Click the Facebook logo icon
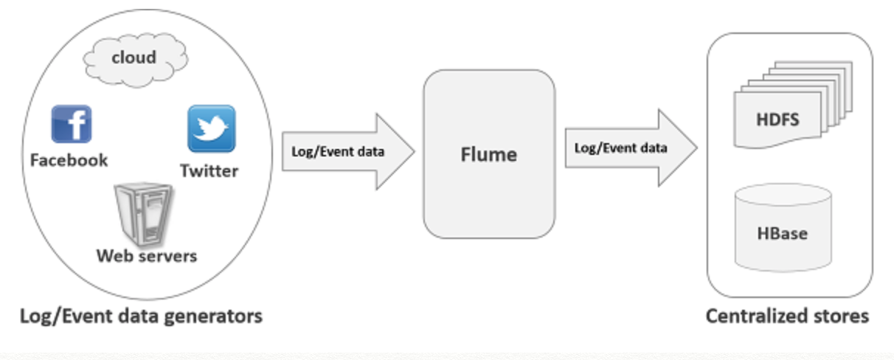[x=72, y=124]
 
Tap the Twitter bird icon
[x=212, y=128]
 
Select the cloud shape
[x=136, y=60]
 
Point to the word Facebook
[x=69, y=160]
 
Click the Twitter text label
[x=209, y=171]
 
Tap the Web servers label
[x=147, y=256]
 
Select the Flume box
[x=489, y=154]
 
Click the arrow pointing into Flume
[x=348, y=152]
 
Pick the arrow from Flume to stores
[x=631, y=148]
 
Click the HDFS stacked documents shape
[x=793, y=105]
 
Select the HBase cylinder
[x=783, y=227]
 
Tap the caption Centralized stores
[x=787, y=316]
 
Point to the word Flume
[x=489, y=154]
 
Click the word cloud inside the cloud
[x=134, y=58]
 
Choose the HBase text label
[x=782, y=233]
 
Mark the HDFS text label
[x=778, y=120]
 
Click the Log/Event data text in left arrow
[x=338, y=152]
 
